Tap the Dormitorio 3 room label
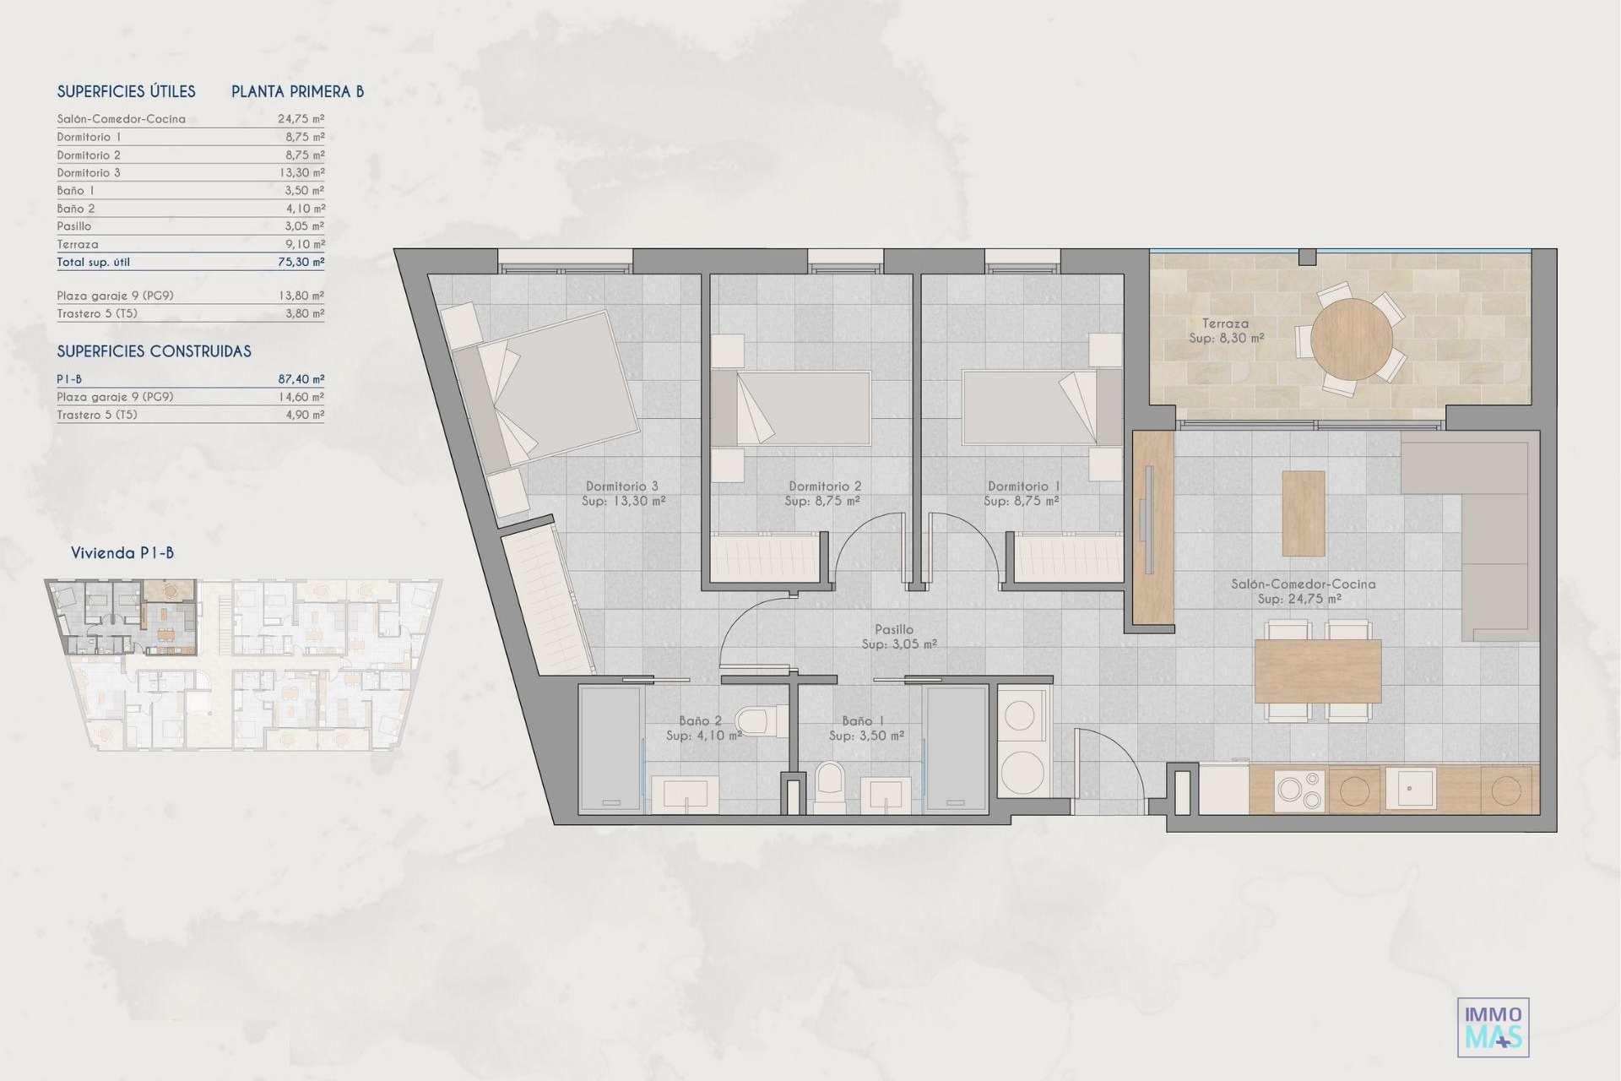[622, 486]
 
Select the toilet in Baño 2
[751, 722]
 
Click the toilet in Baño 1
[830, 786]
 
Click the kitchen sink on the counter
[1409, 789]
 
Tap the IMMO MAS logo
[1494, 1027]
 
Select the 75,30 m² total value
[301, 262]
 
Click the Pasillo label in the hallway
[894, 629]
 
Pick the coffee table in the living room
[1303, 513]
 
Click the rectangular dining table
[1318, 671]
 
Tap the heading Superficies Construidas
[154, 351]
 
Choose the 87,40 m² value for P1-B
[301, 379]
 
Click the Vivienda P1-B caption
[122, 553]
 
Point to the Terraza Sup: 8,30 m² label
[1226, 330]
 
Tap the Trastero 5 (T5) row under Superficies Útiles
[190, 313]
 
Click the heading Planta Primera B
[298, 92]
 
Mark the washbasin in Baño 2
[686, 794]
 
